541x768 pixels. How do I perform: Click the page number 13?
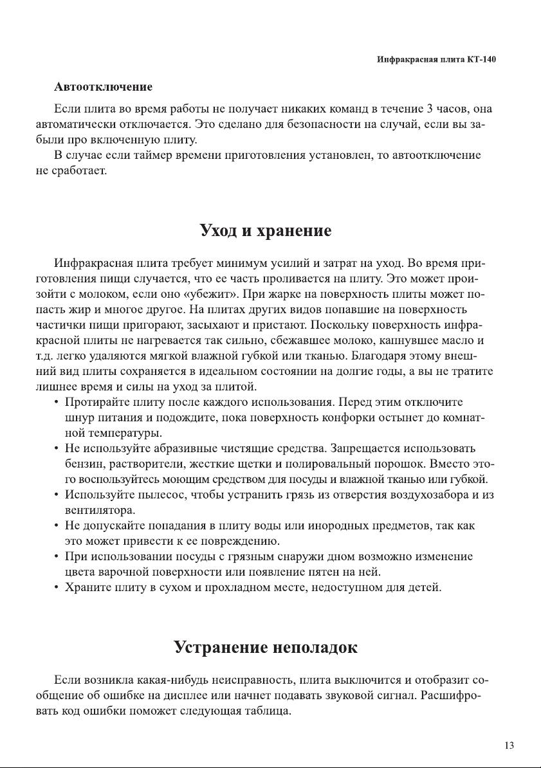point(509,745)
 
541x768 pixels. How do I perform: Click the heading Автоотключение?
point(104,86)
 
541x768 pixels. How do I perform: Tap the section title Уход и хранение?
point(266,231)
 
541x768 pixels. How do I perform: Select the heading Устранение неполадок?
point(266,647)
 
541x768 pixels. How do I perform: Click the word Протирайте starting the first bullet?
point(96,403)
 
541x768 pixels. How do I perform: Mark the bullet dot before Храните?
point(57,588)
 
